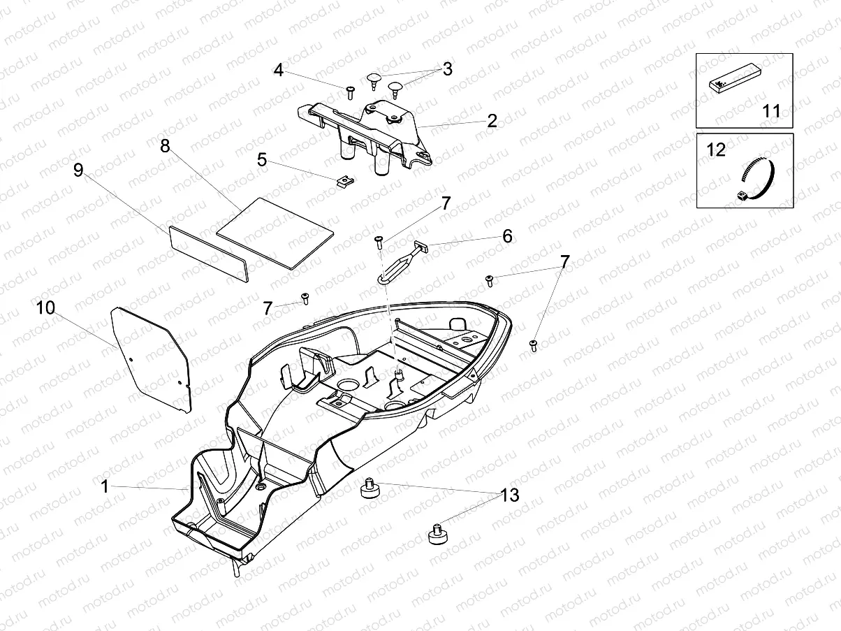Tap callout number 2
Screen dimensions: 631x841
(492, 121)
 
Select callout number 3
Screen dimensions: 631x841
(447, 69)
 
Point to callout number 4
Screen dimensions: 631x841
(279, 70)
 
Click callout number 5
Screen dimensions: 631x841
(262, 159)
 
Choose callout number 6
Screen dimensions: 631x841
(507, 236)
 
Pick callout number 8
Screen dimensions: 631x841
(165, 146)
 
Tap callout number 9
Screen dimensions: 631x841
(78, 169)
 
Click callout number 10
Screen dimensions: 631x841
(45, 307)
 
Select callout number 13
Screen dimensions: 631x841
(510, 495)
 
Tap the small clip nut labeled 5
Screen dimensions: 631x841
(342, 182)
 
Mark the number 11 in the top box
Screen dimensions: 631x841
(771, 111)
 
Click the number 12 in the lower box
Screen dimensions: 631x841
(716, 150)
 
